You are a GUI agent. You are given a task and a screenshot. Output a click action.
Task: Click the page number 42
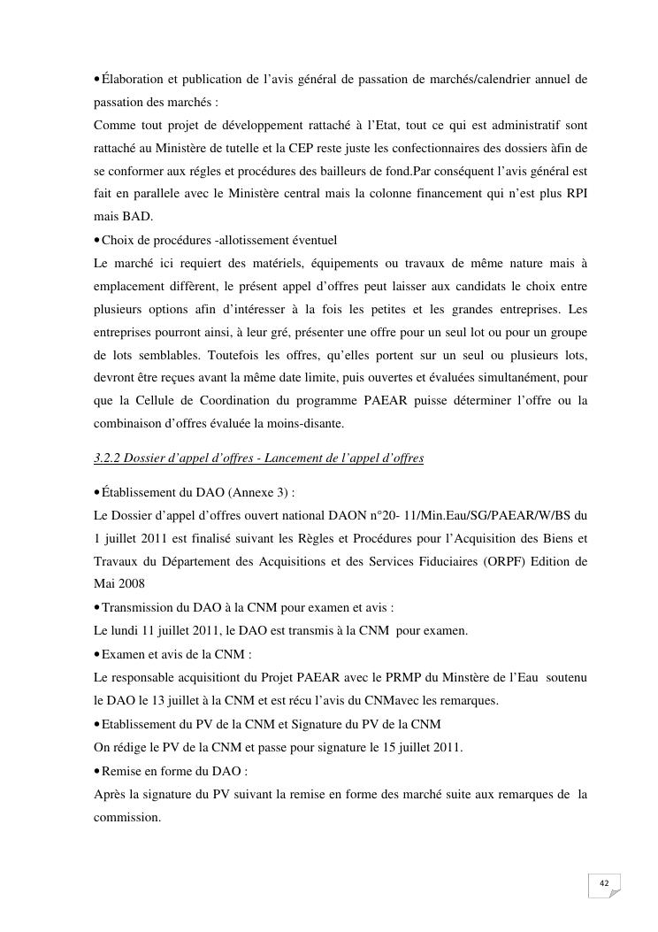(x=604, y=883)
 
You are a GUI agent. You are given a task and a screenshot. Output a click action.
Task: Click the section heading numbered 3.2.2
(x=258, y=458)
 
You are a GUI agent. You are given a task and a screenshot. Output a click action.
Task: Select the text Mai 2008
(x=120, y=584)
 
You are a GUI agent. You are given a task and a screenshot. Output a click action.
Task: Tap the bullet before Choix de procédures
(x=96, y=240)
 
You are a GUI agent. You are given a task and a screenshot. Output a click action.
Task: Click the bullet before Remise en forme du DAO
(x=96, y=771)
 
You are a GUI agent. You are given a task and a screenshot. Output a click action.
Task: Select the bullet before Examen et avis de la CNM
(x=96, y=654)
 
